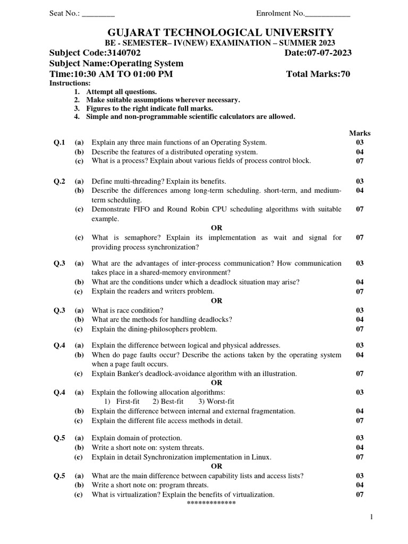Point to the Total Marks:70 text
(318, 74)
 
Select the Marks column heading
(360, 133)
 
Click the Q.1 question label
(59, 142)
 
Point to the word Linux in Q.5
(260, 457)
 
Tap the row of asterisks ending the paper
(211, 503)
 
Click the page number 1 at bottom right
(372, 517)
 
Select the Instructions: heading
(70, 83)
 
